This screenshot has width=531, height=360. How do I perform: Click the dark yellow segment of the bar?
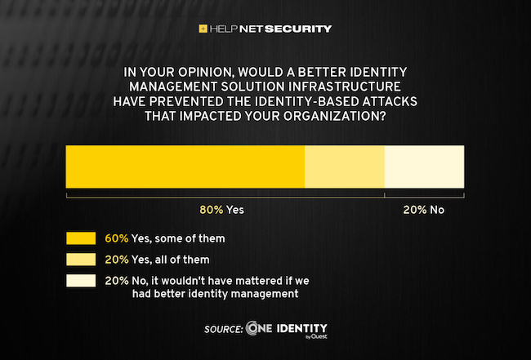tap(185, 167)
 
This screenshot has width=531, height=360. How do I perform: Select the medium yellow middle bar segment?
tap(344, 167)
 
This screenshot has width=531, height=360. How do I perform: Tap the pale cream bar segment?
tap(424, 167)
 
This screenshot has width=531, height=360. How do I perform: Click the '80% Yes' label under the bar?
tap(221, 210)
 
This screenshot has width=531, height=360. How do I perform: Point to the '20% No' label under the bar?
tap(423, 210)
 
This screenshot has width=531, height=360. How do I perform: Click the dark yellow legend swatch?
tap(81, 238)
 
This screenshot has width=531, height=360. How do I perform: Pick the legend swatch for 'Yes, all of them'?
tap(81, 260)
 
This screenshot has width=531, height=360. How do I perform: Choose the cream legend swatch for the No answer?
tap(81, 281)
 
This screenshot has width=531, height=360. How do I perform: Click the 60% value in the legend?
tap(117, 238)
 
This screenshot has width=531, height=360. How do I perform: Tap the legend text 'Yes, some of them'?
tap(178, 238)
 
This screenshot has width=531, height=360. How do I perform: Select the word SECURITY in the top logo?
tap(299, 29)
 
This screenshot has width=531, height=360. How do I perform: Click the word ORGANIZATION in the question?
tap(332, 115)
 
